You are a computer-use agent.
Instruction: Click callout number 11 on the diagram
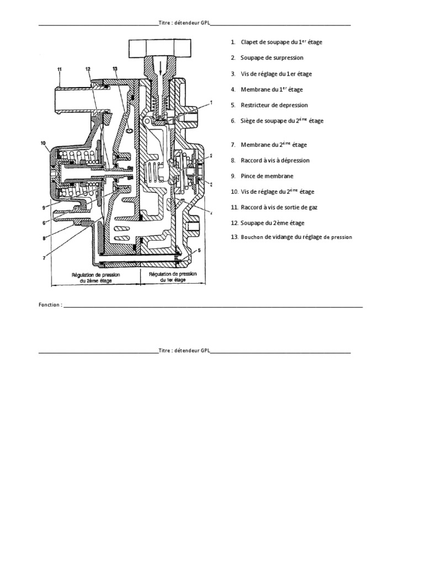60,69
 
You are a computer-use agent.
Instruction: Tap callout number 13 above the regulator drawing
115,69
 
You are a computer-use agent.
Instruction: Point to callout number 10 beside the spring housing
43,143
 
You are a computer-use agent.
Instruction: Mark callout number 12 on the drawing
88,69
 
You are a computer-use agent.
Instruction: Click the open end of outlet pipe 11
57,99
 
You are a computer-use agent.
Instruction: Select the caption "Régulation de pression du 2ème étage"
96,276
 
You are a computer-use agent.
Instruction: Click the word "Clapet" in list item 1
250,42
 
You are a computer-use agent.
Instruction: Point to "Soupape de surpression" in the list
272,57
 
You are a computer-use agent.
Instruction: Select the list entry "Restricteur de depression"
274,105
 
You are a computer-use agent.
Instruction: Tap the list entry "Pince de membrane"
267,176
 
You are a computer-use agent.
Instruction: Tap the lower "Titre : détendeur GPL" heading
184,350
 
